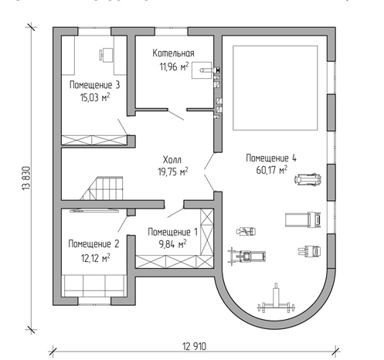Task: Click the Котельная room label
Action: point(173,53)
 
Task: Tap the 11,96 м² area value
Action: point(174,66)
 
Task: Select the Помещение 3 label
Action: point(95,85)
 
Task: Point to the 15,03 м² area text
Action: point(95,97)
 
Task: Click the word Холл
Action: point(172,160)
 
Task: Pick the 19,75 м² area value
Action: point(173,172)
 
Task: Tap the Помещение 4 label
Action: point(271,158)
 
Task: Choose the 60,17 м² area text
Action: point(272,170)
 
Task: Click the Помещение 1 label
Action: point(172,232)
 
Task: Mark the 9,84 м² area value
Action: point(172,244)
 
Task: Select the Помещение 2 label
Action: point(93,244)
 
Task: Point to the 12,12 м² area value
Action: point(96,258)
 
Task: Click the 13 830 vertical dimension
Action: point(27,178)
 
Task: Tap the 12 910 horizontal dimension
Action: point(195,346)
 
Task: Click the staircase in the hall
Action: point(101,188)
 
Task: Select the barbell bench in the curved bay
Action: point(276,300)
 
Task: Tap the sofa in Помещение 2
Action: point(93,286)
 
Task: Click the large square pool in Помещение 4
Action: point(275,88)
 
